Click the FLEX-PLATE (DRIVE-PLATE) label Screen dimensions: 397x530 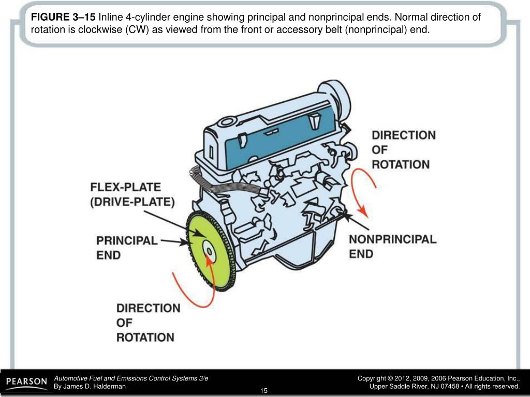click(132, 194)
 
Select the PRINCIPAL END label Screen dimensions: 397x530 click(127, 248)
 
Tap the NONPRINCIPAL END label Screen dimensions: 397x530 click(392, 247)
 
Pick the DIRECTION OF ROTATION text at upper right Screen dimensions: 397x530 click(403, 150)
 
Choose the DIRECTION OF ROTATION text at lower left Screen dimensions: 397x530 click(148, 323)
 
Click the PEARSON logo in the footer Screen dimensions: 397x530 click(26, 383)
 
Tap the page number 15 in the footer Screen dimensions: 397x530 click(264, 390)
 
